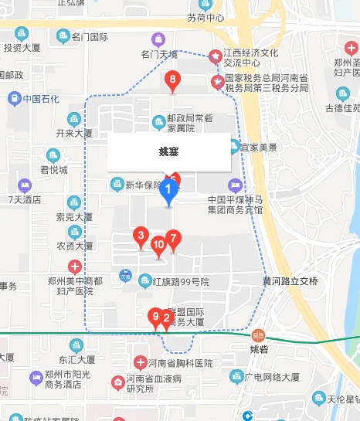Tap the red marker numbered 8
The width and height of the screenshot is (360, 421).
pos(173,80)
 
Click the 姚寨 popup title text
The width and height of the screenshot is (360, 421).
pos(168,151)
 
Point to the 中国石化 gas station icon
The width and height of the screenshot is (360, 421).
pos(14,99)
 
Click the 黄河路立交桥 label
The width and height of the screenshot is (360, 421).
pos(290,280)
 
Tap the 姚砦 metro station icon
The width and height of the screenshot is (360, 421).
pos(258,335)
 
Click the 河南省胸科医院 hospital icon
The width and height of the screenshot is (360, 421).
pos(140,362)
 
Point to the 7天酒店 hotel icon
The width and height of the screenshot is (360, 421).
pos(25,185)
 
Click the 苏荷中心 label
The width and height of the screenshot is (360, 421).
pos(205,17)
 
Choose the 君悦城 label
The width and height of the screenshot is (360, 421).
pos(53,169)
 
